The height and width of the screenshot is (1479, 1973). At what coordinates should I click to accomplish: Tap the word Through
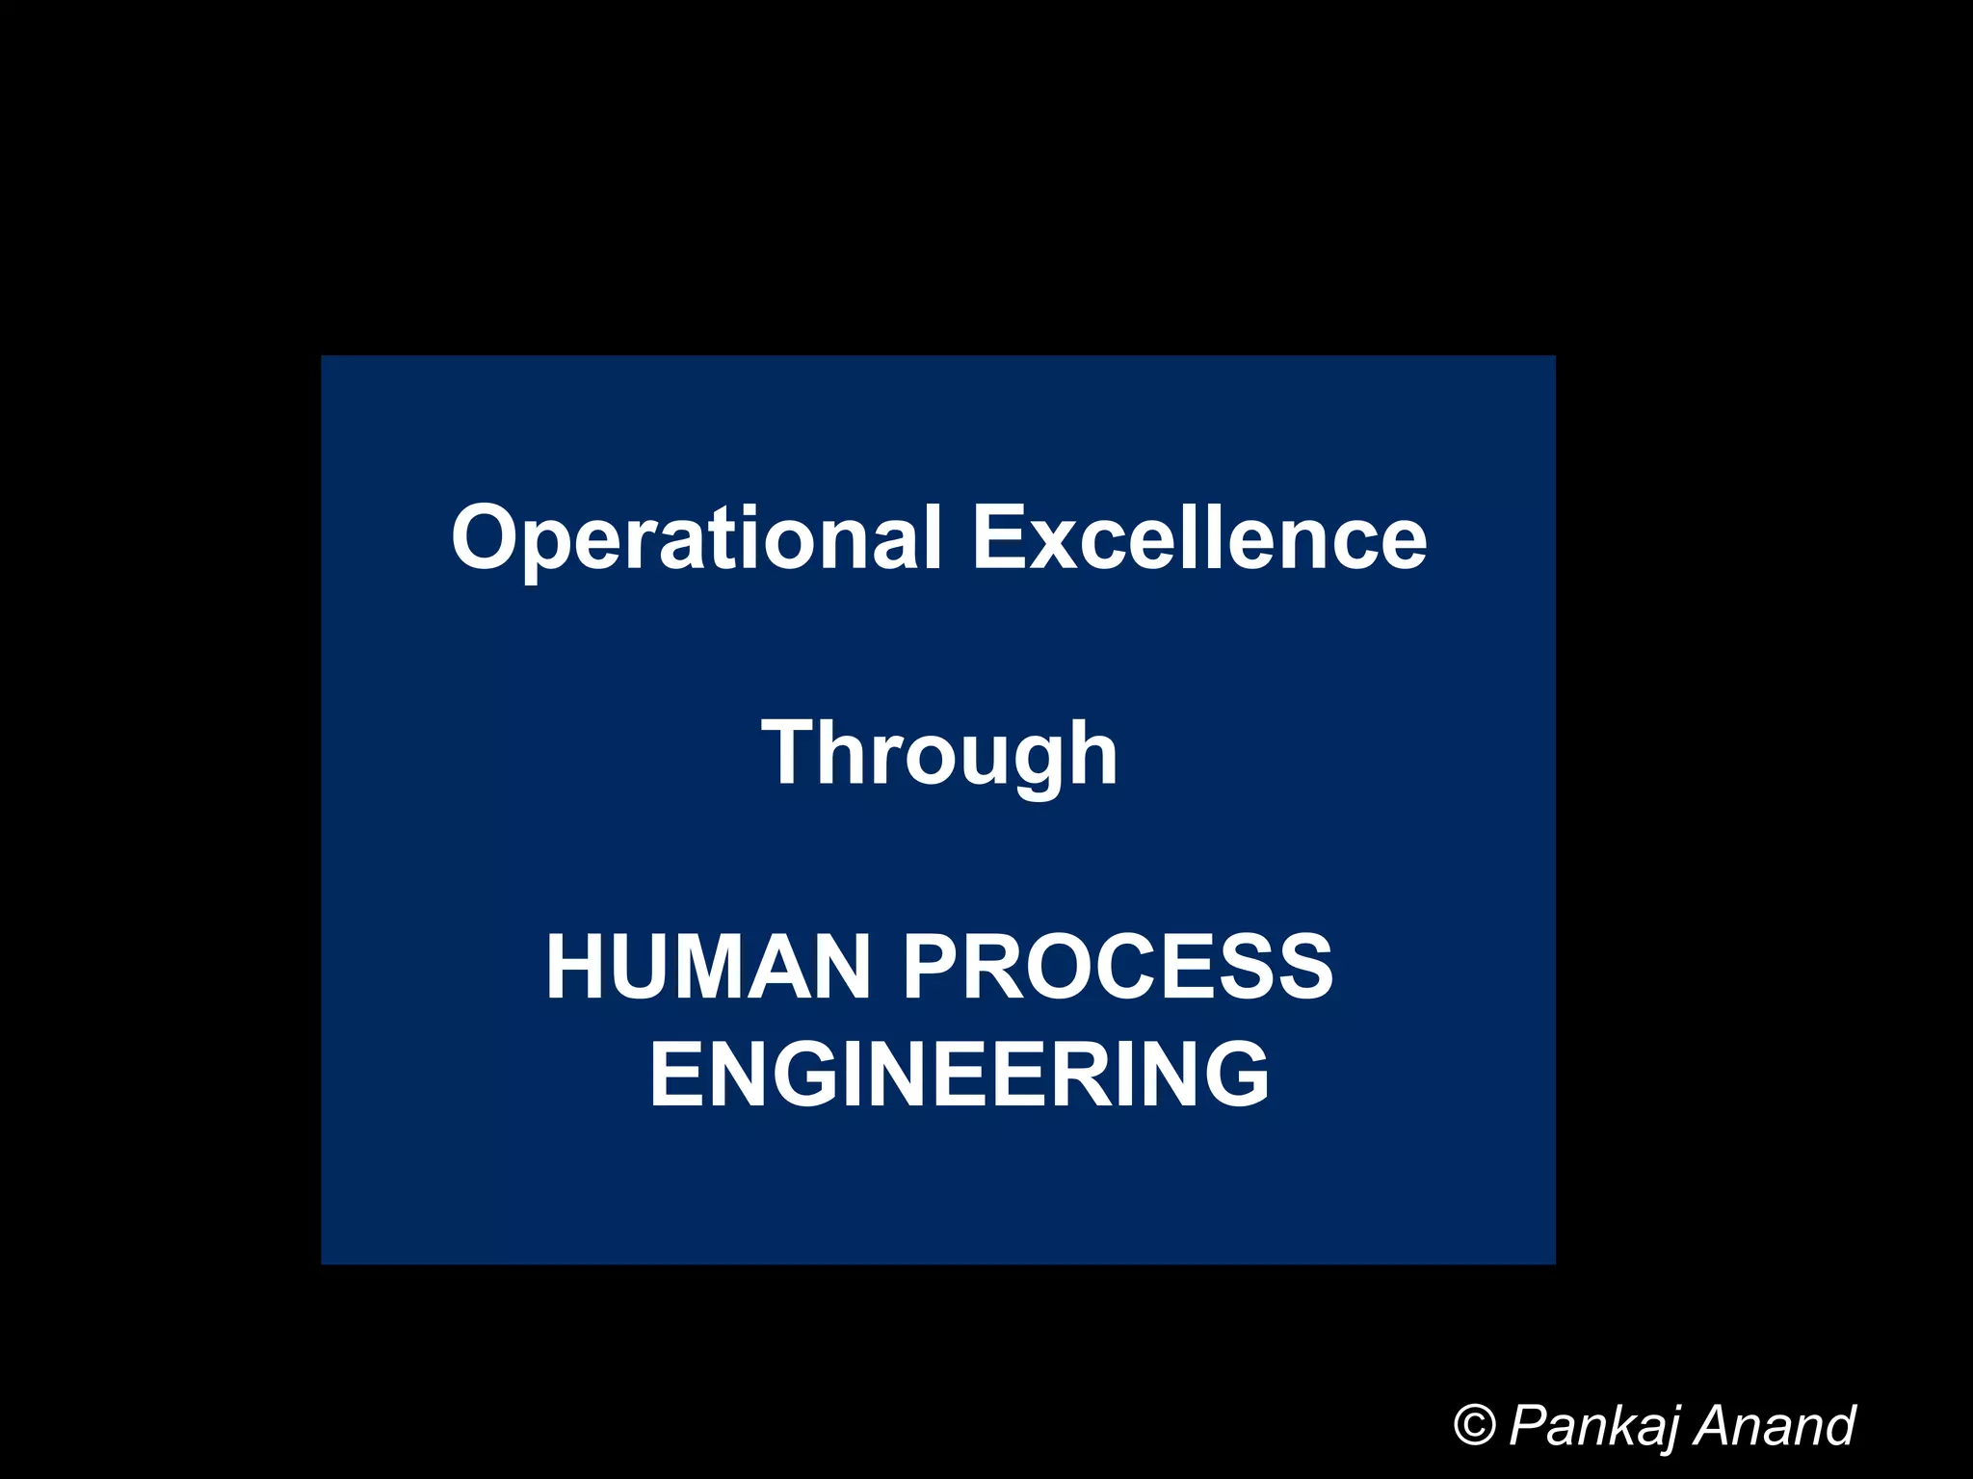point(939,754)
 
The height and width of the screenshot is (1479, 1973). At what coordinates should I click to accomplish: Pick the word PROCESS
point(1118,968)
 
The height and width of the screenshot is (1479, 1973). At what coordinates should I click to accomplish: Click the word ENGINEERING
point(960,1074)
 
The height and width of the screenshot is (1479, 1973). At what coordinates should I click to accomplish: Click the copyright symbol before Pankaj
point(1474,1425)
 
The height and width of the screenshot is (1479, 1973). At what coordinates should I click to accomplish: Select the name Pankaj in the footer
point(1593,1426)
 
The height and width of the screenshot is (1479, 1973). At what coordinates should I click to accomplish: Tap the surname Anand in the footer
point(1774,1425)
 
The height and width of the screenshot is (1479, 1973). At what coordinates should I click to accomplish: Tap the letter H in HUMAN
point(575,968)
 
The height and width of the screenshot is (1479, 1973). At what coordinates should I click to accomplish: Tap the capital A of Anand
point(1714,1425)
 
